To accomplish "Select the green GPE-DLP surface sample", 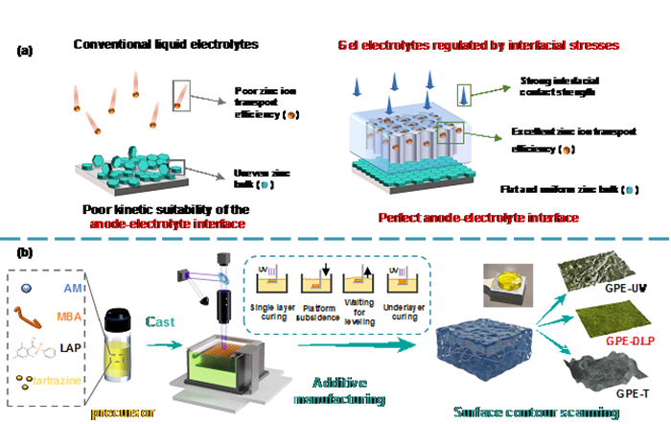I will pyautogui.click(x=603, y=311).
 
